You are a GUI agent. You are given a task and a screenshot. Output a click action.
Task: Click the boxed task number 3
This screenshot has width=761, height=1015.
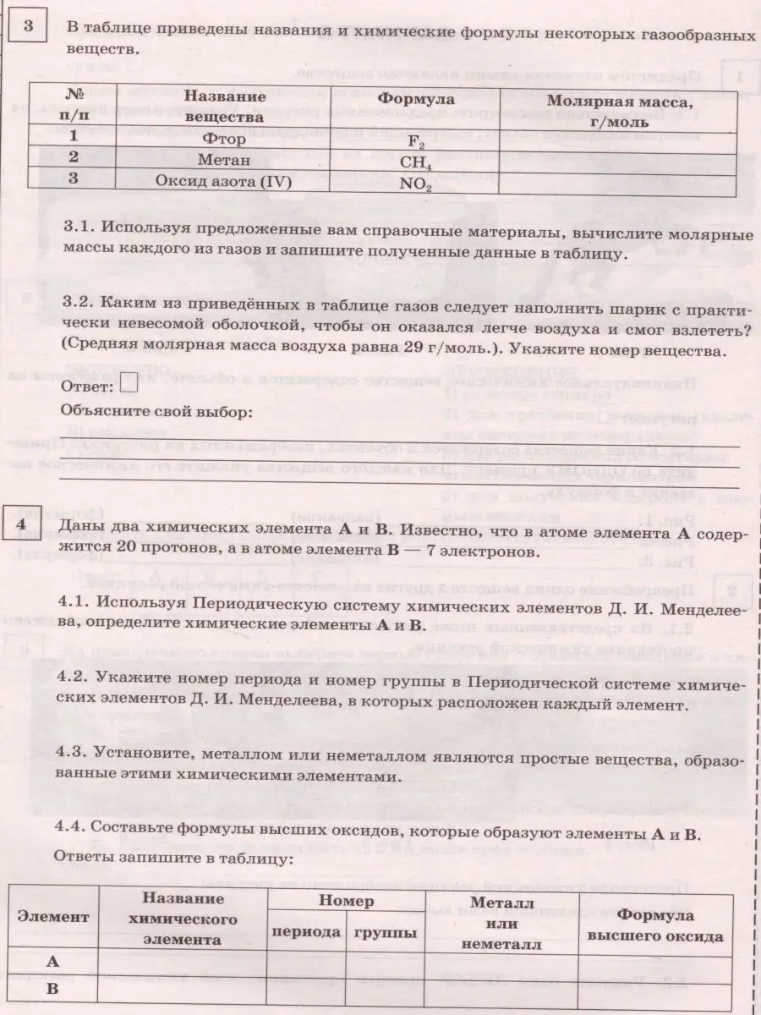click(x=28, y=26)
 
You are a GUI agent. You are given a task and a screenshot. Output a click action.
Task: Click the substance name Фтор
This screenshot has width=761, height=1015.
click(x=224, y=138)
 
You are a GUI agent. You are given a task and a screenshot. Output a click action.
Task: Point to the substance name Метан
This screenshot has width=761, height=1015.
click(x=224, y=158)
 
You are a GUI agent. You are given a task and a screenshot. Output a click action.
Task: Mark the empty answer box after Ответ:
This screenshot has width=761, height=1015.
click(x=129, y=385)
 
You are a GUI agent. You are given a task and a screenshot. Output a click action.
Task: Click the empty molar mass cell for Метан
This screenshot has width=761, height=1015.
click(x=617, y=159)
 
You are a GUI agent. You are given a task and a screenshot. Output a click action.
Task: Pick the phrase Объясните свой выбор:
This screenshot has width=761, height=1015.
click(x=156, y=412)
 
